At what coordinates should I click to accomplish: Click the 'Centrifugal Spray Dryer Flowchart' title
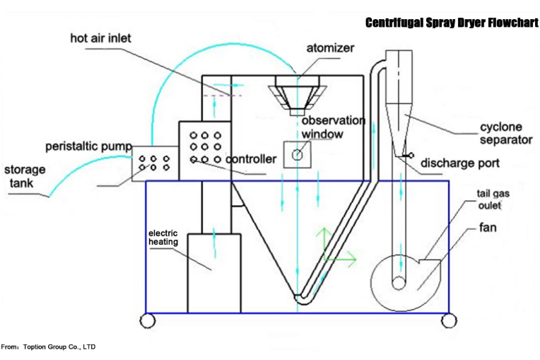(452, 23)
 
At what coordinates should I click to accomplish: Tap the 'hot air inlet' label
(100, 38)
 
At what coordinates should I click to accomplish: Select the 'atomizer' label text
(330, 48)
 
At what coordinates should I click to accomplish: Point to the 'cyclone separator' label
(506, 134)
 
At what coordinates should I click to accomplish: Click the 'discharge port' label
(459, 163)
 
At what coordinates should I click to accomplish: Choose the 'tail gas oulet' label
(493, 199)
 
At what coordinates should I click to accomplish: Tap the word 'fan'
(488, 227)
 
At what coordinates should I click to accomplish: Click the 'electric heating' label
(163, 238)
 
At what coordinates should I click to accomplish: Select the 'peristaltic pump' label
(88, 146)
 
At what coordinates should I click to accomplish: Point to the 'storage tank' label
(24, 176)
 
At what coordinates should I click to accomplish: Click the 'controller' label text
(251, 159)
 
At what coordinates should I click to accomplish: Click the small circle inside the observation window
(297, 155)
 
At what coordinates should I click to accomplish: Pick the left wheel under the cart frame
(148, 320)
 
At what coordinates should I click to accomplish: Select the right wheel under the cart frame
(449, 320)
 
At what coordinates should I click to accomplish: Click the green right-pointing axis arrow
(340, 259)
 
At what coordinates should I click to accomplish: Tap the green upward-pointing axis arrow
(324, 243)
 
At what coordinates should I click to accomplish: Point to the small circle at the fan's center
(399, 283)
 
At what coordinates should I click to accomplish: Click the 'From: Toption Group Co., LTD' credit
(48, 347)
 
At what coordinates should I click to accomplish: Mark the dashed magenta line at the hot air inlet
(223, 95)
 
